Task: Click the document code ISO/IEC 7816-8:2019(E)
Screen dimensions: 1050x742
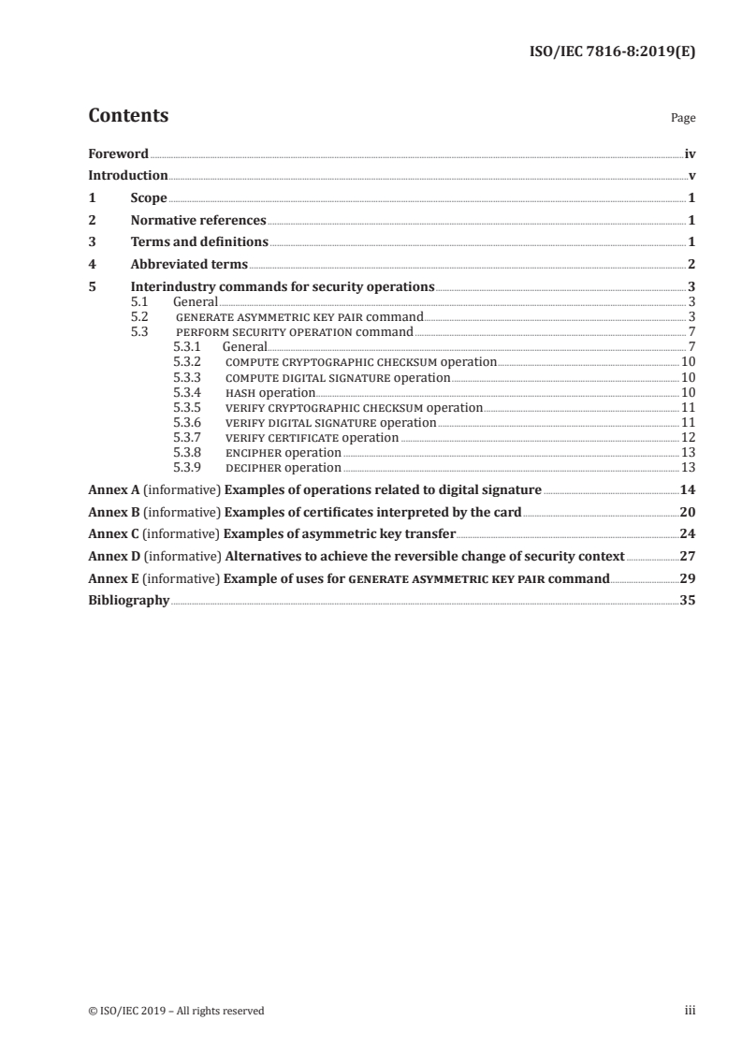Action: point(612,52)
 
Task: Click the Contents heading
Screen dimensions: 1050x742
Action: point(128,116)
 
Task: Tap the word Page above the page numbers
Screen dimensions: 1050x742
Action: point(683,119)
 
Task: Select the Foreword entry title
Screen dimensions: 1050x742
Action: point(118,153)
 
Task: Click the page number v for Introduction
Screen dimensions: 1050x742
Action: point(691,176)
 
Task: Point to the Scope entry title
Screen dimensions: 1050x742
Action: point(149,198)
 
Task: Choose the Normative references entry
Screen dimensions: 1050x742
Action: point(198,221)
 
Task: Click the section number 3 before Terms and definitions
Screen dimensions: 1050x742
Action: point(92,243)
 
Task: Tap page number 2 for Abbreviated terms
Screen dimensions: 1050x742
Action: point(691,265)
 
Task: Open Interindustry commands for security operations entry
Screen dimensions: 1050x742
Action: point(283,287)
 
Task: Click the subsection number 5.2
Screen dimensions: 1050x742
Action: point(140,317)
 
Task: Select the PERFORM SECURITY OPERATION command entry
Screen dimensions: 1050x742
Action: point(295,332)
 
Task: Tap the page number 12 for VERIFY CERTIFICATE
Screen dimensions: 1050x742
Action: point(688,437)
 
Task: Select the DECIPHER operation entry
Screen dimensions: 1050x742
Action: point(284,467)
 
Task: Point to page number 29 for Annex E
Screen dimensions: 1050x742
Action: point(687,579)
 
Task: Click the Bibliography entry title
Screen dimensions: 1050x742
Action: point(128,602)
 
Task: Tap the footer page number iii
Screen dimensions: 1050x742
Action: point(690,1011)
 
